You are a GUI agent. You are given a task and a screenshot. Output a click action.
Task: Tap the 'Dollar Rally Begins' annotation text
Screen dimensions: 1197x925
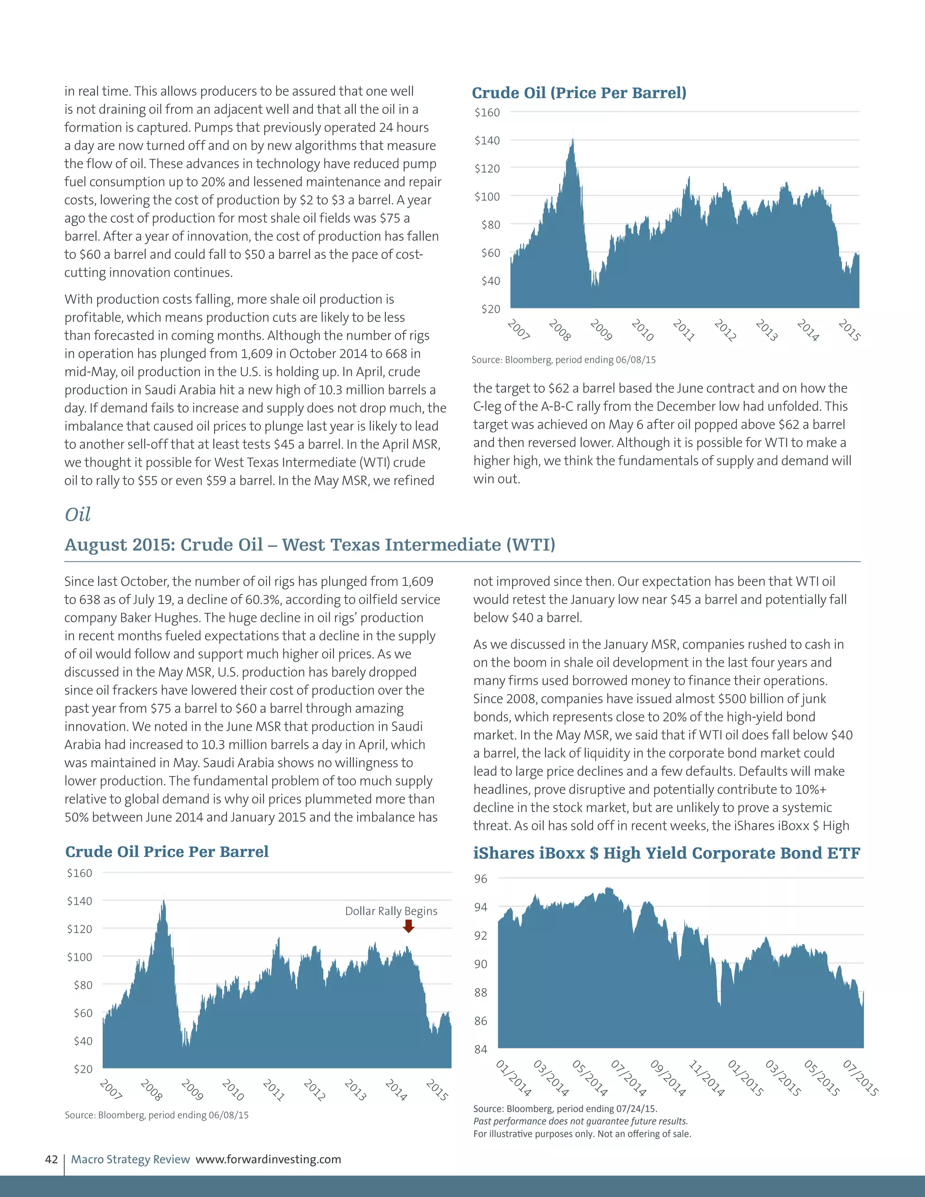391,911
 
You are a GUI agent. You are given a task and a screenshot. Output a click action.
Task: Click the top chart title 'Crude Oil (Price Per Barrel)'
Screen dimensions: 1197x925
579,93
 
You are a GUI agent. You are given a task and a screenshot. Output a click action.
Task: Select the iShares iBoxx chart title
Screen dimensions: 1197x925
666,853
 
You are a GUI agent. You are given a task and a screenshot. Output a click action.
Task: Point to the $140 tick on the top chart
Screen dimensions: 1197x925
487,140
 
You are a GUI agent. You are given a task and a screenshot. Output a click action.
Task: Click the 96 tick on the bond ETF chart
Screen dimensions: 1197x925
481,879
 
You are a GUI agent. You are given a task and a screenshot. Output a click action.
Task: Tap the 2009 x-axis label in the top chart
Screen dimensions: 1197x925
601,330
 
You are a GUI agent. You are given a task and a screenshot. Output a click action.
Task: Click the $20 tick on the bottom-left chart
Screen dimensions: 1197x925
83,1069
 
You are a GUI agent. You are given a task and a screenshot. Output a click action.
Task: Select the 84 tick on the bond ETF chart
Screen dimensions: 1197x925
481,1049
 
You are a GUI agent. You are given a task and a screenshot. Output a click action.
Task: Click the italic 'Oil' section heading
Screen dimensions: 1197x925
77,514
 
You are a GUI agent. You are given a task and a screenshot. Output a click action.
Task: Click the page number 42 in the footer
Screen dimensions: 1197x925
51,1159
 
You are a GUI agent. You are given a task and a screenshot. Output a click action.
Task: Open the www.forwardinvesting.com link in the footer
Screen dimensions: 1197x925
269,1159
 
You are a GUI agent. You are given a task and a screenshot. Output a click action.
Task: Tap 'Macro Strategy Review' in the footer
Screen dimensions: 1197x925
131,1159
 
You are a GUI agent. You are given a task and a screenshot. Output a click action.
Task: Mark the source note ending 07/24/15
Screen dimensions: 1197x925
565,1108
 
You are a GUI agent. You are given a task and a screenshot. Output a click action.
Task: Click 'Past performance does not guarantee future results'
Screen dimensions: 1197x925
580,1121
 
